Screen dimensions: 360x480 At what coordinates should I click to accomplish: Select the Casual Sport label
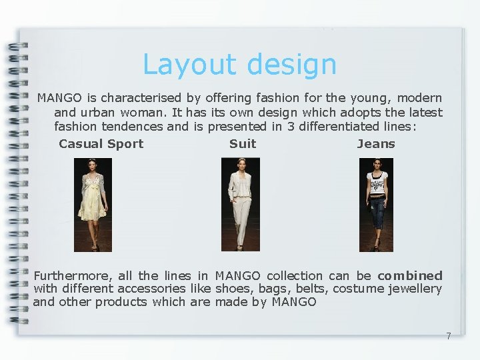pyautogui.click(x=101, y=143)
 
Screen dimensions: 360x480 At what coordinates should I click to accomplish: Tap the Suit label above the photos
pyautogui.click(x=242, y=143)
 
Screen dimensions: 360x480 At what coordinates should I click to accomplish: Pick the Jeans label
pyautogui.click(x=376, y=143)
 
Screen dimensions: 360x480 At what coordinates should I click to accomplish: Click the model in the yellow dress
pyautogui.click(x=93, y=204)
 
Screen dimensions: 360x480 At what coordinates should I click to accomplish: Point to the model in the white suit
pyautogui.click(x=240, y=204)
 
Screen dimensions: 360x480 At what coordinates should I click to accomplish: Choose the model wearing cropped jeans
pyautogui.click(x=376, y=204)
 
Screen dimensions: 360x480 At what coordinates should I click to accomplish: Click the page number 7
pyautogui.click(x=448, y=336)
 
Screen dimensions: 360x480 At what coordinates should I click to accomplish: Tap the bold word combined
pyautogui.click(x=409, y=275)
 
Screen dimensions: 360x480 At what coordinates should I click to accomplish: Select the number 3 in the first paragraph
pyautogui.click(x=291, y=126)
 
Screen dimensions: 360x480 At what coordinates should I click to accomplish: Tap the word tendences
pyautogui.click(x=132, y=126)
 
